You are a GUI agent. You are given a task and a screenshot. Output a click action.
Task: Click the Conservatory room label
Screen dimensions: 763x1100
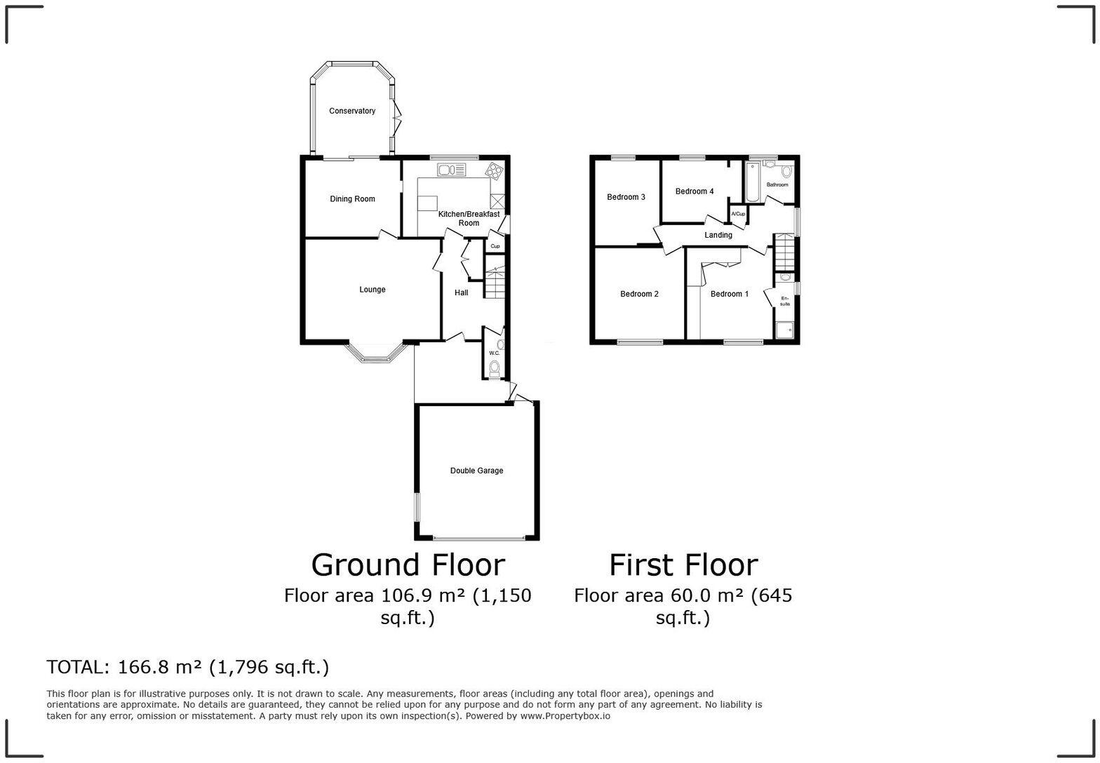[x=352, y=111]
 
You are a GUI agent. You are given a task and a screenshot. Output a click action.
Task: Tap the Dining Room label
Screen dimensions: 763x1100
[x=352, y=199]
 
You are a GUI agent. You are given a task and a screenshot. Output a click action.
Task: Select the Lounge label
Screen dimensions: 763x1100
[x=372, y=290]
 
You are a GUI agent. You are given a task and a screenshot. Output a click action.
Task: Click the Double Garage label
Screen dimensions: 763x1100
[x=476, y=471]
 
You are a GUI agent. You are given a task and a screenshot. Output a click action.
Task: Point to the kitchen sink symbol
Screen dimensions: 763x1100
[x=452, y=170]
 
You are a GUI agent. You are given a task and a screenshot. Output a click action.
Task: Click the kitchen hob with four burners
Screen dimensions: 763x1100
[x=494, y=170]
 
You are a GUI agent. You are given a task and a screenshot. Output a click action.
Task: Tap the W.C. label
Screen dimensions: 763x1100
[x=494, y=353]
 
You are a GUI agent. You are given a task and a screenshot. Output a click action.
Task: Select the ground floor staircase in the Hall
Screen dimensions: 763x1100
[x=495, y=282]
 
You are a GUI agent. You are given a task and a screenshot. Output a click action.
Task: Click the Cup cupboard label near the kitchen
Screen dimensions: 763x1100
[x=495, y=246]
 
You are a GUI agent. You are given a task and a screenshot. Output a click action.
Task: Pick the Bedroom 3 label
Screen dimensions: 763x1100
[x=626, y=197]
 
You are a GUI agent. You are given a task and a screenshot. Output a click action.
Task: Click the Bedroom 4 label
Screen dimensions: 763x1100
[x=695, y=191]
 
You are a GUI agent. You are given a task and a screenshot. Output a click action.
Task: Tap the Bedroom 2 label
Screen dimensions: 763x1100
[x=639, y=294]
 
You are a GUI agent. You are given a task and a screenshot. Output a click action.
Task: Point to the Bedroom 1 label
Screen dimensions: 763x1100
[x=729, y=294]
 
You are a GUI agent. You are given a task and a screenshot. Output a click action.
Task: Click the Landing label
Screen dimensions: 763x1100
[x=718, y=235]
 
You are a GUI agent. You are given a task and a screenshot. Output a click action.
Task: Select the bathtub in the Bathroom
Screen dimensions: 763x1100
[x=752, y=182]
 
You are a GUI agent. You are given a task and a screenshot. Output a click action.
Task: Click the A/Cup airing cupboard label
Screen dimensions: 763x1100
[x=738, y=214]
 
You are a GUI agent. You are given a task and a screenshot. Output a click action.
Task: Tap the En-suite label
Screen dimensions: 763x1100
[x=785, y=302]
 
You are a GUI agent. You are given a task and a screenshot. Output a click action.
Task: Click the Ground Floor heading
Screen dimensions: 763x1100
[x=408, y=565]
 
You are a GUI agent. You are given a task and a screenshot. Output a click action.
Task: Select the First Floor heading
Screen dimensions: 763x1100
[x=683, y=565]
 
